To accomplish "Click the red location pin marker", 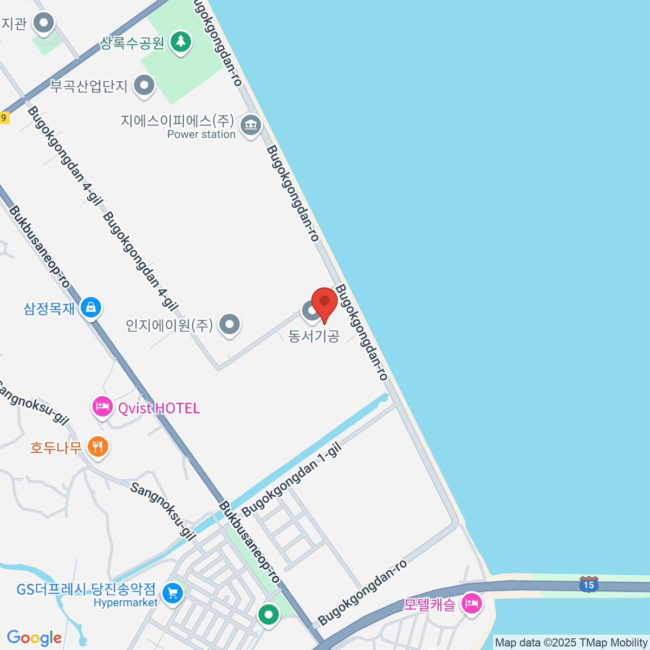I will click(324, 302).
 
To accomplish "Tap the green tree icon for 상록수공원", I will click(180, 41).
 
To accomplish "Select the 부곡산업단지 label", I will click(89, 86).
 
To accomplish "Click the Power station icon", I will click(250, 125).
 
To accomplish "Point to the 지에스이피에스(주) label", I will click(177, 120).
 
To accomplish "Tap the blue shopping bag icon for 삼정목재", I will click(90, 307).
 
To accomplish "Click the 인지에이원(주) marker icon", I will click(230, 324).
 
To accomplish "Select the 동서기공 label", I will click(314, 336).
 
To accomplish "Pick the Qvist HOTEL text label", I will click(159, 408).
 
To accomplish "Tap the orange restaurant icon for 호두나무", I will click(97, 447).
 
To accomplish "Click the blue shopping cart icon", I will click(173, 593).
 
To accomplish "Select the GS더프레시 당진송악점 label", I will click(86, 589).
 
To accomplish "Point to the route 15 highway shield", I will click(589, 584).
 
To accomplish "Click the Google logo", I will click(34, 638).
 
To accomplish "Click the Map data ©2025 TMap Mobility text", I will click(571, 643).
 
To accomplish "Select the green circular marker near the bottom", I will click(268, 614).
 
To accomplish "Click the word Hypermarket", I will click(126, 602).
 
